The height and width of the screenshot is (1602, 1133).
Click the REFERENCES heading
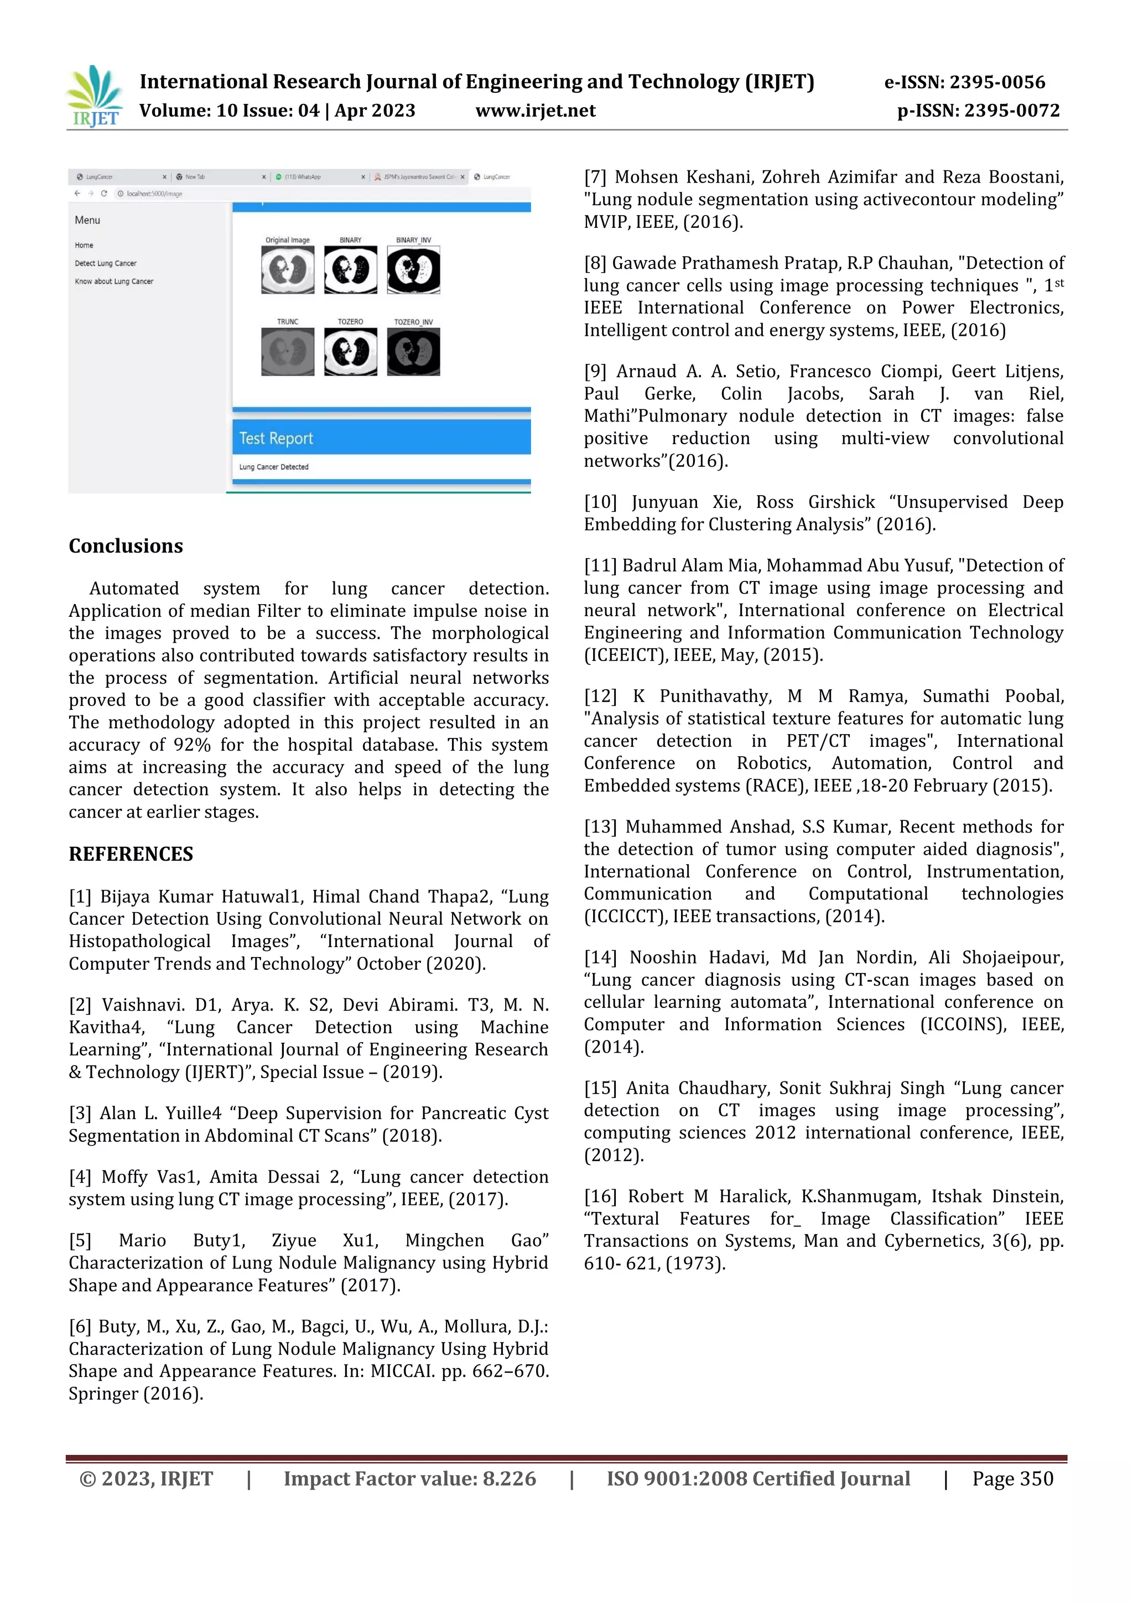point(131,854)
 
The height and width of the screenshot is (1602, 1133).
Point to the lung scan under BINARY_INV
point(413,270)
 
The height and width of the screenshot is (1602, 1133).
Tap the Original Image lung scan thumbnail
point(288,270)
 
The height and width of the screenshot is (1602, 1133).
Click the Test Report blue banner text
point(276,438)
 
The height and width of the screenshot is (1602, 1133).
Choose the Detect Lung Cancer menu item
point(105,263)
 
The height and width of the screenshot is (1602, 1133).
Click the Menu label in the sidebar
point(87,220)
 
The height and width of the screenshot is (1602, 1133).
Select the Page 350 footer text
point(1012,1479)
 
